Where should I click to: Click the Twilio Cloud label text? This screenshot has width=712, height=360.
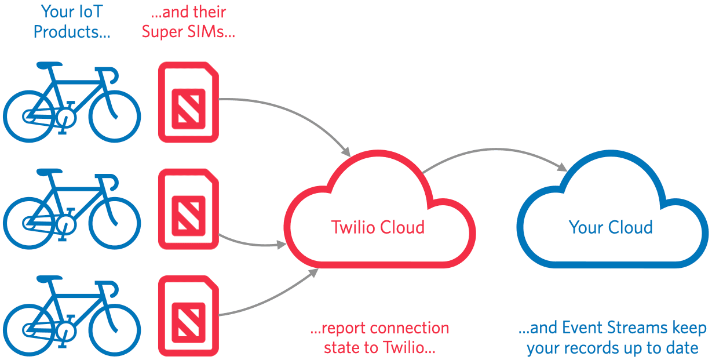pyautogui.click(x=378, y=227)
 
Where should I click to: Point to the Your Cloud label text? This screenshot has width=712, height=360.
pyautogui.click(x=611, y=227)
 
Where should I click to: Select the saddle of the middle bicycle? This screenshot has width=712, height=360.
pyautogui.click(x=49, y=172)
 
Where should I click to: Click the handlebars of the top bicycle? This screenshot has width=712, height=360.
pyautogui.click(x=110, y=72)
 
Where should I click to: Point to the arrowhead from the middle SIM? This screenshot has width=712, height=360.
pyautogui.click(x=282, y=245)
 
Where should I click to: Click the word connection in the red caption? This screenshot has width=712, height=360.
pyautogui.click(x=409, y=328)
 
